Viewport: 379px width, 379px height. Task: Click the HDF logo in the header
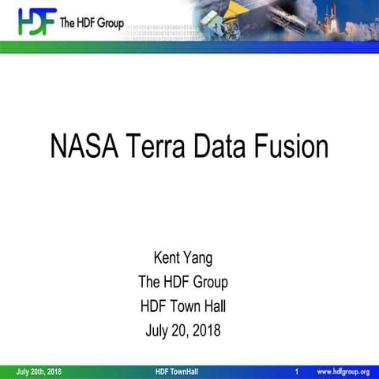pyautogui.click(x=33, y=22)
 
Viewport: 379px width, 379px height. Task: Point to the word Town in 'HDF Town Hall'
pyautogui.click(x=188, y=306)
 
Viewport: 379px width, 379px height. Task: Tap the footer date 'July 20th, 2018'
pyautogui.click(x=39, y=371)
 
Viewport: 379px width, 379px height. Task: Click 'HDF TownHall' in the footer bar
pyautogui.click(x=178, y=371)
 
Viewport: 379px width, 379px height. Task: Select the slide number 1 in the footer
pyautogui.click(x=295, y=371)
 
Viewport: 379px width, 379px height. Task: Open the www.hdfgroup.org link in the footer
pyautogui.click(x=343, y=371)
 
